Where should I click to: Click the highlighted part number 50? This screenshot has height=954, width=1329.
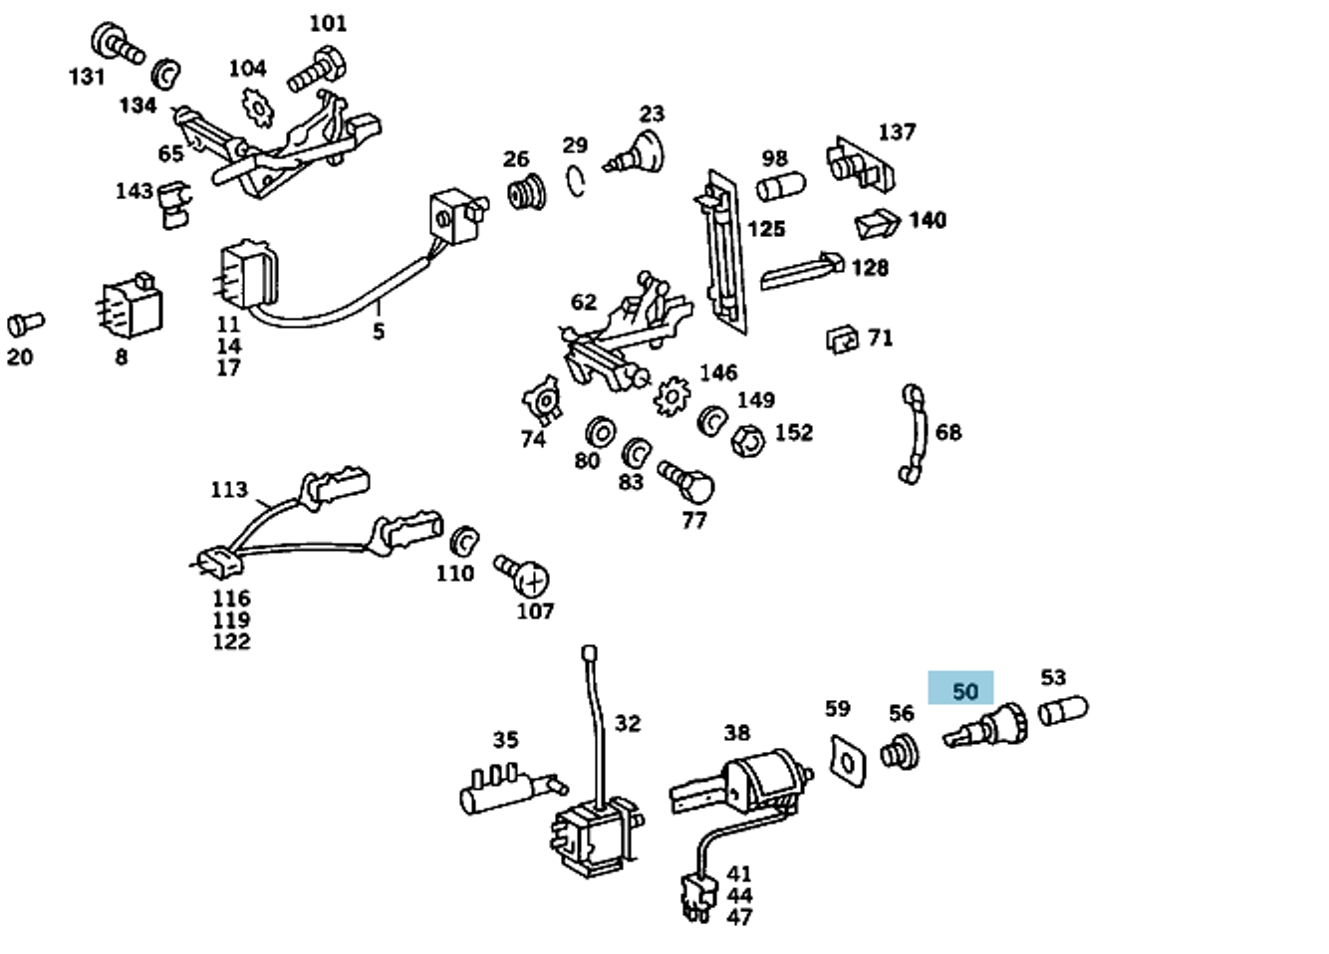coord(964,690)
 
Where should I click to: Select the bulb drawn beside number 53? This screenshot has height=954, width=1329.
coord(1063,710)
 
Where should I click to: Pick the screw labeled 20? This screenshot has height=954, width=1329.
coord(24,324)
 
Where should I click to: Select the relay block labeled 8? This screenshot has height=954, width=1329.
coord(132,309)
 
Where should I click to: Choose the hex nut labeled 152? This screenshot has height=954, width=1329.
coord(747,438)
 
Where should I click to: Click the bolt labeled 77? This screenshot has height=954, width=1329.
coord(686,482)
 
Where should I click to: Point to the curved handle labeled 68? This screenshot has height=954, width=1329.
coord(915,434)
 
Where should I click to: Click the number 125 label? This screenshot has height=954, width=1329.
coord(765,229)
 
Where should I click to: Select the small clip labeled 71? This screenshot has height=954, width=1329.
coord(843,341)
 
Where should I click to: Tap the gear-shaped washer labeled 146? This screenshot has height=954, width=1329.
coord(672,395)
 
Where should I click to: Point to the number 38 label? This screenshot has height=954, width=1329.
coord(736,733)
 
